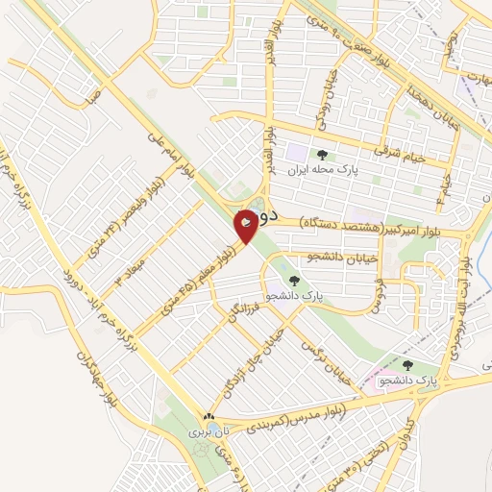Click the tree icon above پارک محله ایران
[322, 154]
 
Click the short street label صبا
[93, 96]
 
